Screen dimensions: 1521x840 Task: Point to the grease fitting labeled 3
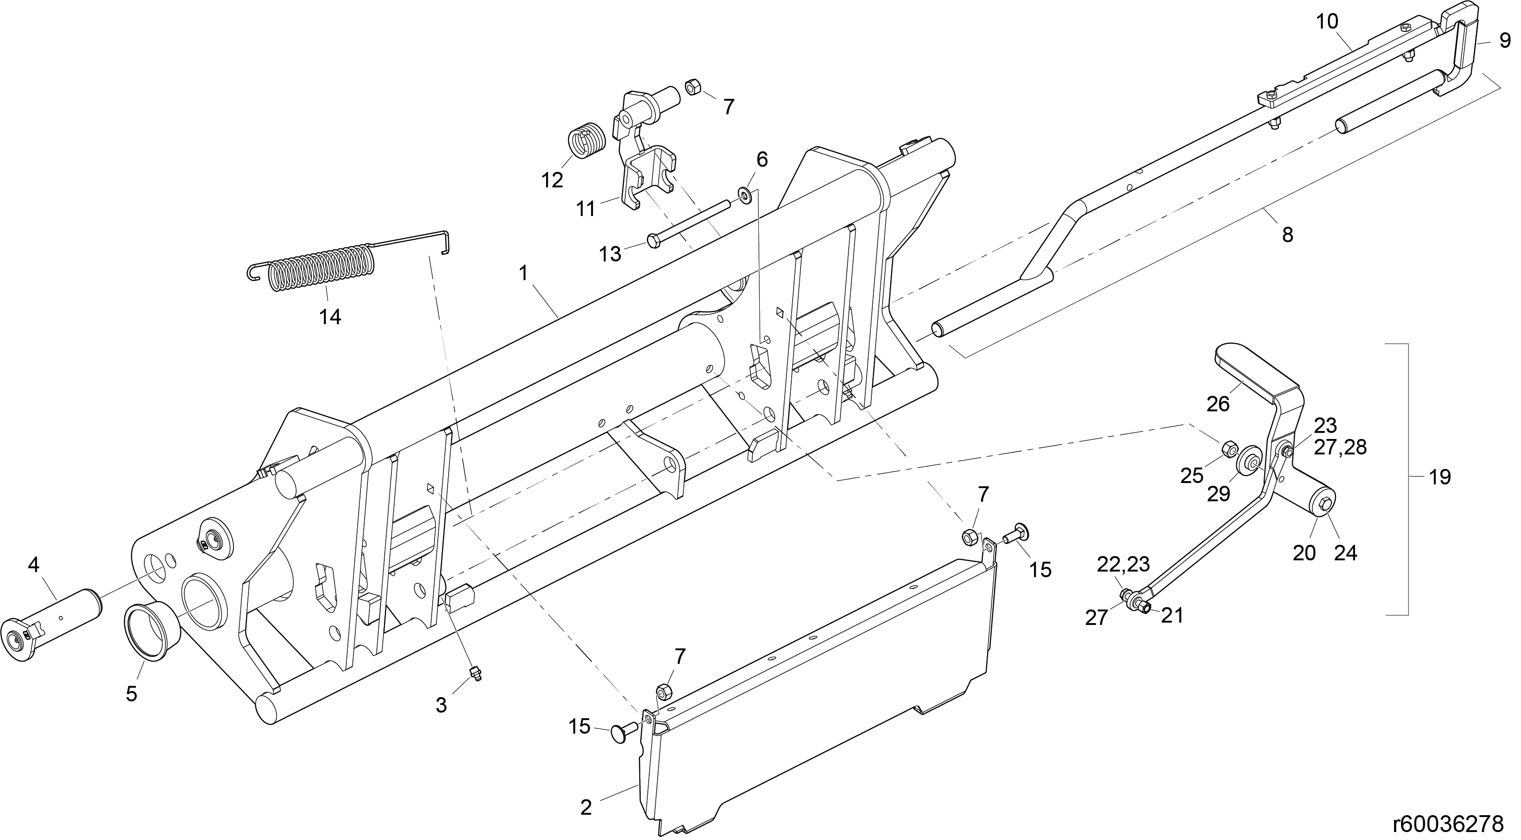(474, 674)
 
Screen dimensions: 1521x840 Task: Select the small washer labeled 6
(745, 195)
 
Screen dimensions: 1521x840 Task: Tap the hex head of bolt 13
(655, 241)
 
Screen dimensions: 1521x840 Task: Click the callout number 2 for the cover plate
(586, 807)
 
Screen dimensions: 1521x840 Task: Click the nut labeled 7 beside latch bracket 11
(693, 89)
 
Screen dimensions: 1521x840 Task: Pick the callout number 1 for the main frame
(523, 273)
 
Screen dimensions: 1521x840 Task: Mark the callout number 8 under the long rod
(1287, 235)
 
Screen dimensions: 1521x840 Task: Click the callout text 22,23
(1123, 565)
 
